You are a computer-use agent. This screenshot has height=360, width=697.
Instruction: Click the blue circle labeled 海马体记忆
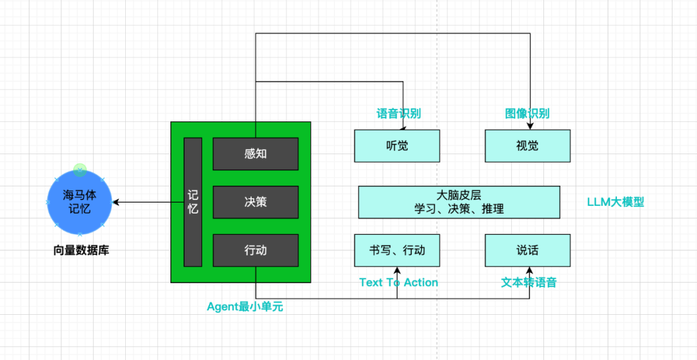pyautogui.click(x=79, y=202)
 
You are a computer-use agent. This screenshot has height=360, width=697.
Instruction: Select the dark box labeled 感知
pyautogui.click(x=256, y=154)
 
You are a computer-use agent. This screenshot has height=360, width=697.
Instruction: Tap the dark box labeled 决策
pyautogui.click(x=256, y=202)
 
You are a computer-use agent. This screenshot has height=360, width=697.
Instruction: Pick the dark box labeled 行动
pyautogui.click(x=256, y=250)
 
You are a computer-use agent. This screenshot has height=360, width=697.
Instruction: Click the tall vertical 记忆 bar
pyautogui.click(x=193, y=202)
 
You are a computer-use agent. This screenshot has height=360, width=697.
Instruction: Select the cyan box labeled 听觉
pyautogui.click(x=397, y=146)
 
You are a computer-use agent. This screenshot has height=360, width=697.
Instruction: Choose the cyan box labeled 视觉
pyautogui.click(x=527, y=146)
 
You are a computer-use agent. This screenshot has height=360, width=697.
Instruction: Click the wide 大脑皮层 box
pyautogui.click(x=460, y=202)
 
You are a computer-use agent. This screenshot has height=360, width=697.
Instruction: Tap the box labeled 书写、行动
pyautogui.click(x=397, y=250)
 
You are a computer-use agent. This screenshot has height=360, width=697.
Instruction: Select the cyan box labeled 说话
pyautogui.click(x=527, y=250)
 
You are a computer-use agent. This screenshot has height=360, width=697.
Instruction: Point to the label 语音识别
pyautogui.click(x=398, y=114)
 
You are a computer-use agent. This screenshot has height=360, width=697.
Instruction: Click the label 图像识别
pyautogui.click(x=527, y=114)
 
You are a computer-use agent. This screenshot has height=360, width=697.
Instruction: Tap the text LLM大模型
pyautogui.click(x=616, y=202)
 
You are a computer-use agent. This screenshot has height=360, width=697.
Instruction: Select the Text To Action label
pyautogui.click(x=399, y=282)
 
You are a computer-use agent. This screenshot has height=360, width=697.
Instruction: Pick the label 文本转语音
pyautogui.click(x=529, y=282)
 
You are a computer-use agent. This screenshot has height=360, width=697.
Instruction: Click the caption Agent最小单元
pyautogui.click(x=245, y=306)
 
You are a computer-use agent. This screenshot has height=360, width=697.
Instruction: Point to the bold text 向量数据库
pyautogui.click(x=81, y=251)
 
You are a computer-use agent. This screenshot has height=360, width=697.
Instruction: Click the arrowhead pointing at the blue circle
pyautogui.click(x=116, y=202)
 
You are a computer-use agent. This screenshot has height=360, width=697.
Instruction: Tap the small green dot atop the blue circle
pyautogui.click(x=79, y=169)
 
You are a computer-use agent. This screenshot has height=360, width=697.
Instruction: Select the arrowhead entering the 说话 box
pyautogui.click(x=529, y=270)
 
